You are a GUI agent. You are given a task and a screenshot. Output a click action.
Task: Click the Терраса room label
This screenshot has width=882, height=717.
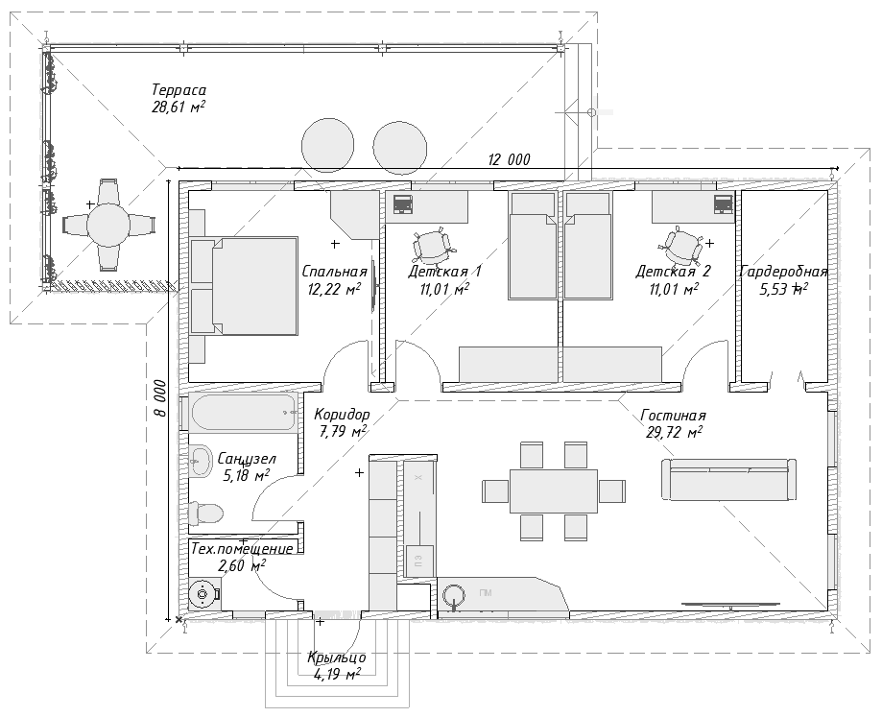pos(179,90)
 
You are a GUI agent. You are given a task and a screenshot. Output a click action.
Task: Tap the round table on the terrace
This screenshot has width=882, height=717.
pos(107,225)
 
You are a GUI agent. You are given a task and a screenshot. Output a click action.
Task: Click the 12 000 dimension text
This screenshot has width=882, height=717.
pos(509,160)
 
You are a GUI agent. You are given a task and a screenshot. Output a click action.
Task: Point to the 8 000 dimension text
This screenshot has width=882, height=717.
pos(161,397)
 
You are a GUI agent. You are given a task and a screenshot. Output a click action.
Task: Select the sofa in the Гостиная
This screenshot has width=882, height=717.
pos(728,479)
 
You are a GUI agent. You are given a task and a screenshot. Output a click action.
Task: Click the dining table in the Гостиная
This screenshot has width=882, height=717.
pos(553,490)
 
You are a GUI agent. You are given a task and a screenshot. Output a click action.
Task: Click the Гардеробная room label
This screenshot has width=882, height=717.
pos(783,272)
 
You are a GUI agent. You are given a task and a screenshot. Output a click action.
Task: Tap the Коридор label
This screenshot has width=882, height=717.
pos(342,415)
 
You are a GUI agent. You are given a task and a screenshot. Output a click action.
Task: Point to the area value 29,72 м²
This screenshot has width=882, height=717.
pos(674,433)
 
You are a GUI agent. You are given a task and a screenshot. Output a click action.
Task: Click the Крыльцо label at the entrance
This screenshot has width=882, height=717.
pos(336,657)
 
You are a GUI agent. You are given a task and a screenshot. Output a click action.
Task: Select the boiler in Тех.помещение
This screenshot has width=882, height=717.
pos(203,595)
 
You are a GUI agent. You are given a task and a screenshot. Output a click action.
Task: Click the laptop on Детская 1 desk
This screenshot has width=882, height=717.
pos(402,203)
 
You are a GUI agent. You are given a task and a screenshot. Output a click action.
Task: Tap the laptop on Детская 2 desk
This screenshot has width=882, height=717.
pos(722,203)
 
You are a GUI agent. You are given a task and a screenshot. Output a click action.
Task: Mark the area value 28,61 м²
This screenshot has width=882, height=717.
pos(179,108)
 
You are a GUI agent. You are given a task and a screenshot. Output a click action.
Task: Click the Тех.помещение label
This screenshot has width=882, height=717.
pos(242,549)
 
